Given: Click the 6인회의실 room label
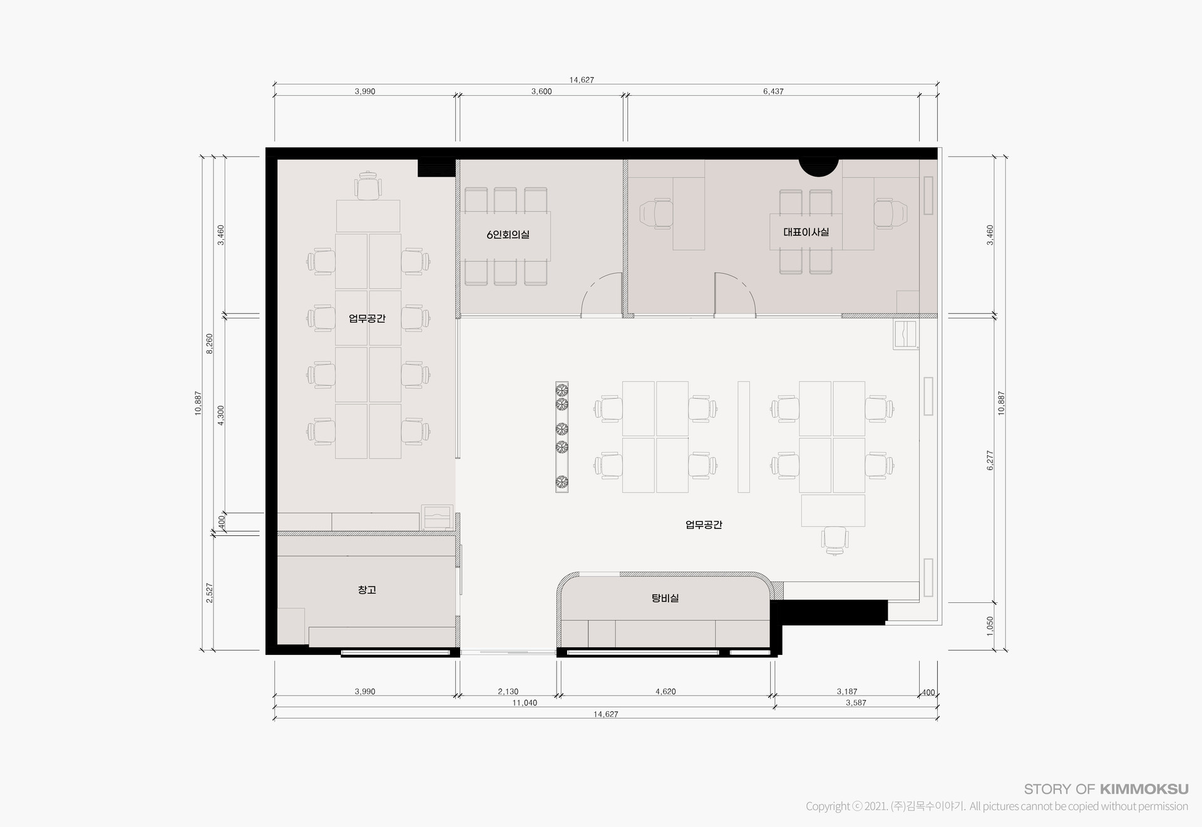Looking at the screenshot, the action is (x=508, y=235).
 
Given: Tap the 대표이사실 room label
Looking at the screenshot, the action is (x=806, y=232).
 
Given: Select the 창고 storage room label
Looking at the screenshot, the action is (x=367, y=590).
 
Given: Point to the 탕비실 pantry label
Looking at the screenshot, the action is (x=665, y=598).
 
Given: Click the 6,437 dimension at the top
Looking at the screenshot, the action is (x=773, y=91).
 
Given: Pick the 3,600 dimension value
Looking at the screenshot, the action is (x=542, y=91).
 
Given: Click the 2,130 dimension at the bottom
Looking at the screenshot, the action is (x=508, y=692).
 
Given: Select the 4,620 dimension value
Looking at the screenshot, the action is (x=665, y=692).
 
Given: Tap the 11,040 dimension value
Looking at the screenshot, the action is (x=525, y=703).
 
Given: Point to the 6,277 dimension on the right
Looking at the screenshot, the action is (x=990, y=460).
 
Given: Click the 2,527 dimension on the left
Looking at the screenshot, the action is (x=210, y=593).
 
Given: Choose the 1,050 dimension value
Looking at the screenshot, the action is (x=990, y=626).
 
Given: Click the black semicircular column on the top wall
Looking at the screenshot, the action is (x=818, y=167).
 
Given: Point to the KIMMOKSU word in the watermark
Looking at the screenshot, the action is (x=1144, y=789).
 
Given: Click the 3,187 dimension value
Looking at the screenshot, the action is (x=847, y=692).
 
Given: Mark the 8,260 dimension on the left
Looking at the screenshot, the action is (x=210, y=343).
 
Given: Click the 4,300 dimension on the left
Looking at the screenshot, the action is (x=220, y=416).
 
